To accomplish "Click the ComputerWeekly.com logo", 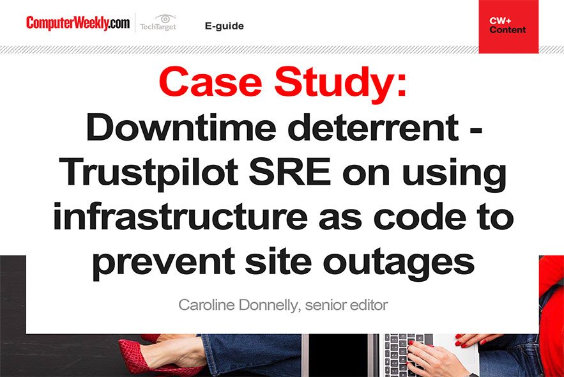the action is click(78, 23).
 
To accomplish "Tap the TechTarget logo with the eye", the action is click(158, 22).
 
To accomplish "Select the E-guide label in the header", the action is click(224, 26).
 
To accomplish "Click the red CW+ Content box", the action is click(508, 27).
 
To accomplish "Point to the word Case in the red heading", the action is click(210, 82).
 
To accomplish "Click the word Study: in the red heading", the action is click(340, 84).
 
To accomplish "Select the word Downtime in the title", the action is click(181, 127).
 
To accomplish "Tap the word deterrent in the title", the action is click(374, 127).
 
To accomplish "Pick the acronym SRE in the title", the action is click(289, 171).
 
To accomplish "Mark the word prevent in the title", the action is click(164, 262).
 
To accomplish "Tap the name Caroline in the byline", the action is click(206, 305).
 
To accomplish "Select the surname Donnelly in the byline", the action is click(269, 306).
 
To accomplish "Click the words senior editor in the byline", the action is click(346, 305).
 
